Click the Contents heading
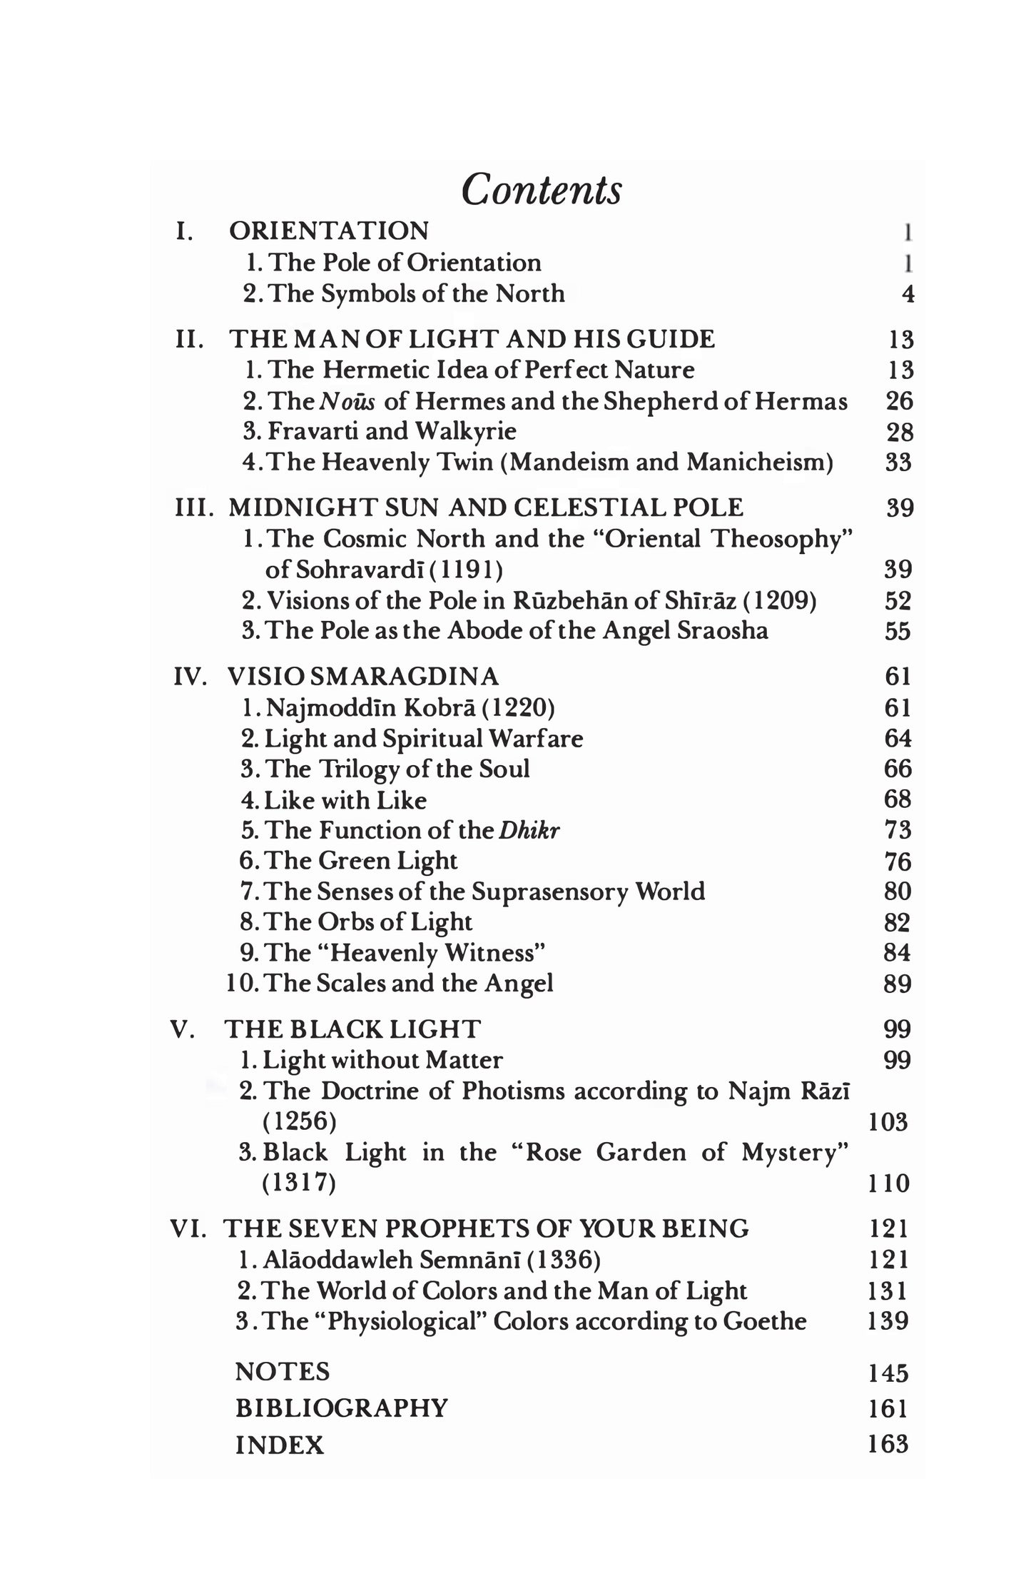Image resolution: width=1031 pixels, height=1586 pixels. coord(542,191)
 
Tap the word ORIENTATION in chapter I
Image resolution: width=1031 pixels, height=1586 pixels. coord(329,231)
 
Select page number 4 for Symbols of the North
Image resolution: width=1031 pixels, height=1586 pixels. coord(908,294)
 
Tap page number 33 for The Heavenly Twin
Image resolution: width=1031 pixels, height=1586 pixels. coord(899,463)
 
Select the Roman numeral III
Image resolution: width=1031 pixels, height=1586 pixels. coord(194,508)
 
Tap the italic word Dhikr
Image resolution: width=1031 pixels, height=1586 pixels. coord(529,831)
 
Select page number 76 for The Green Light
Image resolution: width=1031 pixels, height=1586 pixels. coord(898,862)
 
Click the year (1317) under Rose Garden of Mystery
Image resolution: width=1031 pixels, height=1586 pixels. coord(299,1183)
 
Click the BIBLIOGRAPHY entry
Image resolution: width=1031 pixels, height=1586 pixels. coord(342,1408)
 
